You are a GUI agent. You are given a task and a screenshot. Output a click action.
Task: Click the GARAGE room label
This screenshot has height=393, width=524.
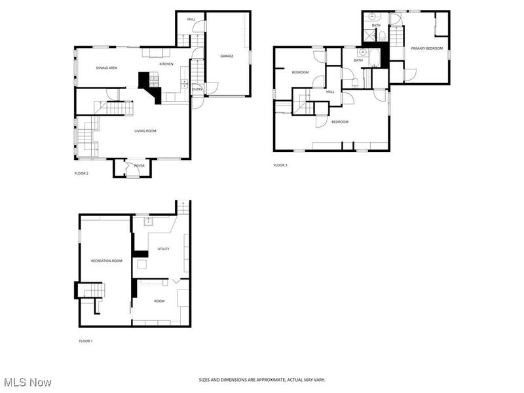coord(227,56)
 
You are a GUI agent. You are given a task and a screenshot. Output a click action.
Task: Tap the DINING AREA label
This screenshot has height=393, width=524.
coord(107,68)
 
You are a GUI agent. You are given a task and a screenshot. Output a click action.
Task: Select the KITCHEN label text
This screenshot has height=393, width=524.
coord(166,64)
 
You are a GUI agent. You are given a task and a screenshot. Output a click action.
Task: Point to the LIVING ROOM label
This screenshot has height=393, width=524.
coord(145,131)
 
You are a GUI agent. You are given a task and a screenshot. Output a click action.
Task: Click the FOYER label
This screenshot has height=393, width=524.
coord(139,166)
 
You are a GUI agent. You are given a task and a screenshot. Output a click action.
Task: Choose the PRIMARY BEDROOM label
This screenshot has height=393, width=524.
coord(426,48)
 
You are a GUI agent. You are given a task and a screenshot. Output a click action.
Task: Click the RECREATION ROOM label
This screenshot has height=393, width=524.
coord(106,261)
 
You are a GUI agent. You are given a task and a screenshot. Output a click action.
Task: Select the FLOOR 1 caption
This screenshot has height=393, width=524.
coord(86,341)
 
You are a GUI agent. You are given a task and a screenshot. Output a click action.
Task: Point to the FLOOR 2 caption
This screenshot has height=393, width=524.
coord(81,174)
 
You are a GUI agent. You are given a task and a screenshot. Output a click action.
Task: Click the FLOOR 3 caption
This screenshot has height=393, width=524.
coord(280,165)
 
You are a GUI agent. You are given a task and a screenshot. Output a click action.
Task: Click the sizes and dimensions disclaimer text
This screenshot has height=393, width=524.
coord(262,380)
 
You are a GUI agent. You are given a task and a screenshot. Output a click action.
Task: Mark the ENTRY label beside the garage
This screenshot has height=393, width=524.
coord(196,89)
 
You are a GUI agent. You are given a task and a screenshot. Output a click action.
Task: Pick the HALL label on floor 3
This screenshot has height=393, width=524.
coord(330,92)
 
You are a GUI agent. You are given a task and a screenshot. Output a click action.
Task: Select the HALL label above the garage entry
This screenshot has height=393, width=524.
coord(191,20)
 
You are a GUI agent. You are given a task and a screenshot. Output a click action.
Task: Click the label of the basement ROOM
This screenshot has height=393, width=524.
coord(159,301)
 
